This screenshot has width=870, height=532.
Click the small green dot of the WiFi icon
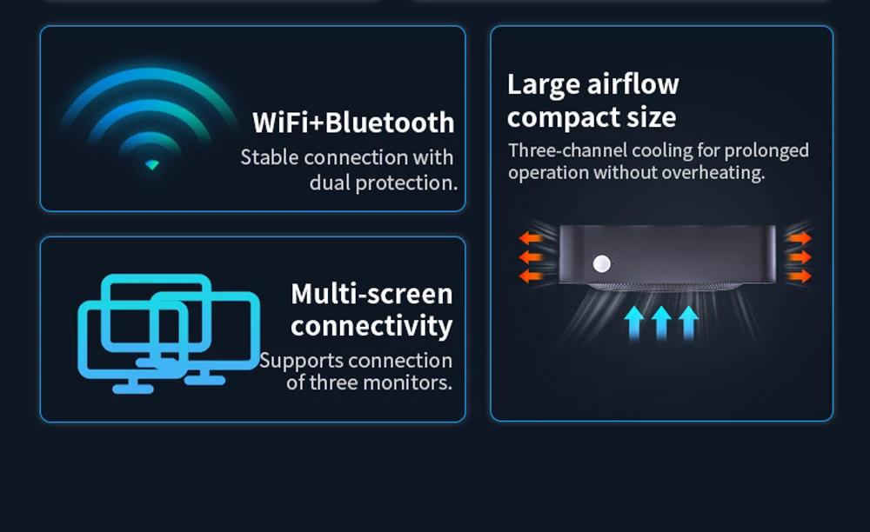pos(152,164)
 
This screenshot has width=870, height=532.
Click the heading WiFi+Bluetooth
pos(353,123)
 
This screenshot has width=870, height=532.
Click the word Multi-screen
pos(371,294)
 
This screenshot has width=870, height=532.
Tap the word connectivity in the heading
pos(371,326)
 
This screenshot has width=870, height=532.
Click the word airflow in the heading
pos(633,84)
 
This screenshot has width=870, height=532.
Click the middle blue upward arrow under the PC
pos(661,322)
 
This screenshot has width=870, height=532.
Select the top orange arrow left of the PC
pos(530,238)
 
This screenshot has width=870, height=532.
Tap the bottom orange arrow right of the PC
pos(800,276)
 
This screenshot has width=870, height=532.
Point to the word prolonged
pos(766,150)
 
